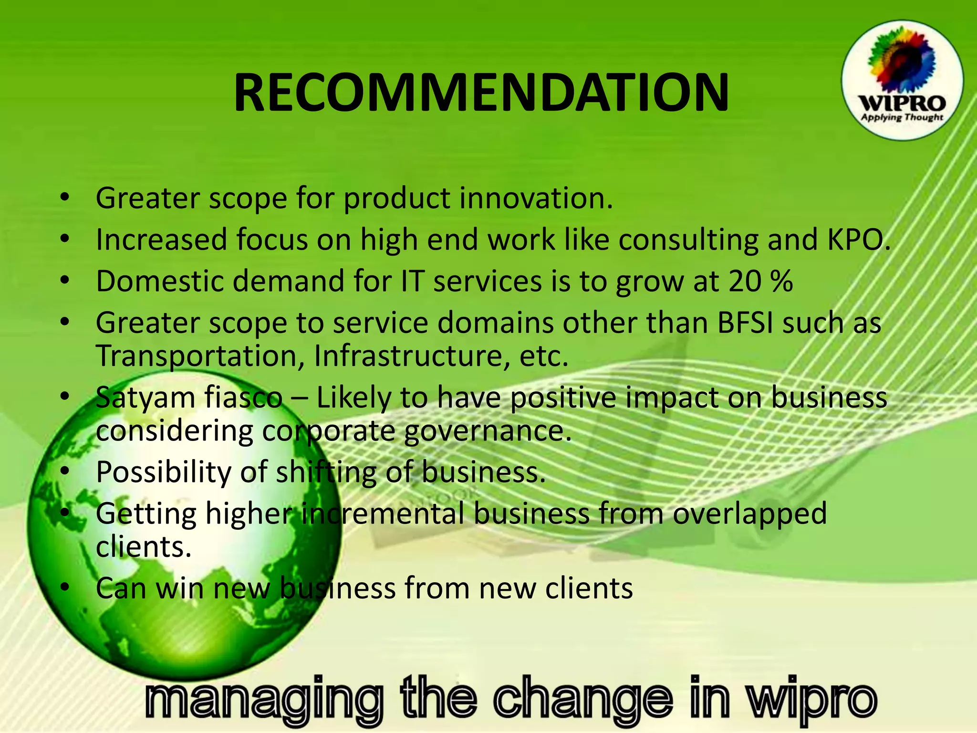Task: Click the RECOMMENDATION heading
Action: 481,93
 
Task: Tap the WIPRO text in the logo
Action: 902,104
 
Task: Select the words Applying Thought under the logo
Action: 902,117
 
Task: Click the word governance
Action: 487,431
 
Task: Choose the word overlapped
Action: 749,514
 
